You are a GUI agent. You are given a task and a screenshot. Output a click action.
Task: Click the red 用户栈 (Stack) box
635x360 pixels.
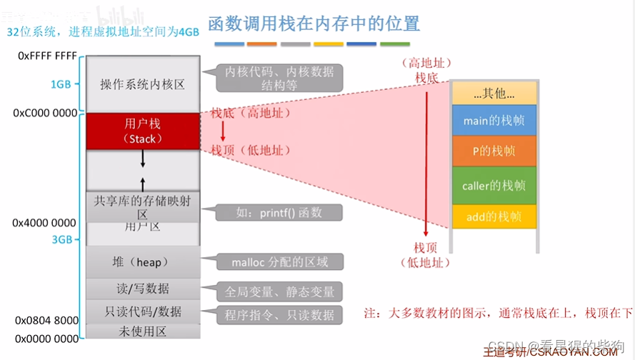point(142,131)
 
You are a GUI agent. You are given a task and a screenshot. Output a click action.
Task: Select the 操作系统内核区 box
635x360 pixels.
point(142,84)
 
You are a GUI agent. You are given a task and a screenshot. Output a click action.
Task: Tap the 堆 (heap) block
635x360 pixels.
point(142,262)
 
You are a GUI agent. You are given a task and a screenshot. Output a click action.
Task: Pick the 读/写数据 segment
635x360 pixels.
point(142,289)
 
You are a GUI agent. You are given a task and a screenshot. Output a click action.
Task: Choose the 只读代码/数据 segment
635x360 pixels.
point(142,312)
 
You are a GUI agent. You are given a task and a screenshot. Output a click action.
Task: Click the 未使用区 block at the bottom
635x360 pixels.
point(142,331)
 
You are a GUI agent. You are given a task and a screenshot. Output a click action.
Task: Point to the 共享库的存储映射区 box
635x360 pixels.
point(142,207)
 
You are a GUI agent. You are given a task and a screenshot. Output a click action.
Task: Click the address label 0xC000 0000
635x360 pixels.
point(45,113)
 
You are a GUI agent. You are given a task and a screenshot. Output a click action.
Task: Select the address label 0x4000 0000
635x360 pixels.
point(44,223)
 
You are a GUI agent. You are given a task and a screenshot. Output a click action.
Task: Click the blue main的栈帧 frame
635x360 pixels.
point(494,121)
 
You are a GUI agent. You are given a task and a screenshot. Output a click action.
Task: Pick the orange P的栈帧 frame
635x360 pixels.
point(494,151)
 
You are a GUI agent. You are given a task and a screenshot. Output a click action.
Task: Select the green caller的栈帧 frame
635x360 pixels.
point(494,186)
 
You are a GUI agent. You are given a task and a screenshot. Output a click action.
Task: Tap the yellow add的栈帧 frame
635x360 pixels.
point(494,216)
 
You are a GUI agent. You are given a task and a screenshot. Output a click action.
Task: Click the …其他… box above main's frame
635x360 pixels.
point(494,93)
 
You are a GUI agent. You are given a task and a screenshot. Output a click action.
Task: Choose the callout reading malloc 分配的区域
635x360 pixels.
point(279,262)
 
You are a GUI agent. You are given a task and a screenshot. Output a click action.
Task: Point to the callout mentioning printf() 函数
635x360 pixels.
point(279,212)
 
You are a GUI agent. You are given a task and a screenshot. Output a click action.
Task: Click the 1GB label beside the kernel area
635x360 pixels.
point(61,84)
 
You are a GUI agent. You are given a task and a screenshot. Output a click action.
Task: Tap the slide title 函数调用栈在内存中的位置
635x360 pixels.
point(314,24)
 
